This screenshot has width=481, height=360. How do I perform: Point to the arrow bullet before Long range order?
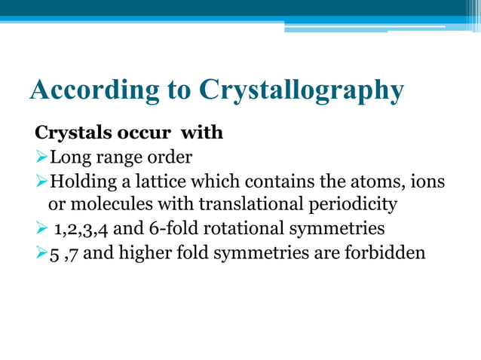(41, 157)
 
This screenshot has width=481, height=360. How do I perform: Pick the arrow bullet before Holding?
(41, 182)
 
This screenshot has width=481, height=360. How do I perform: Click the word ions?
(428, 182)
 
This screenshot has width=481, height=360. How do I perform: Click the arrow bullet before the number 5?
(41, 252)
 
